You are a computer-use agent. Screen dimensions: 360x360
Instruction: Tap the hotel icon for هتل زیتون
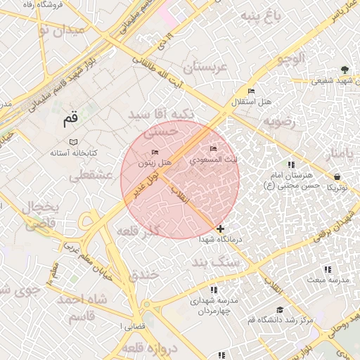(155, 153)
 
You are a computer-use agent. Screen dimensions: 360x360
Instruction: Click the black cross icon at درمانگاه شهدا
(221, 229)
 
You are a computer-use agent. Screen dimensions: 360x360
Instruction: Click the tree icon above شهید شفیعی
(344, 70)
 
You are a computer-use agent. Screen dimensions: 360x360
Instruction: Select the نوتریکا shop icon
(338, 177)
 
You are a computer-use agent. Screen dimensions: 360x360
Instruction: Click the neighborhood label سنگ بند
(215, 262)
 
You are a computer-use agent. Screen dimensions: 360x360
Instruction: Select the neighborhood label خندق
(143, 274)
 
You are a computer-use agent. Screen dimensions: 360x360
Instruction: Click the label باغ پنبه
(260, 16)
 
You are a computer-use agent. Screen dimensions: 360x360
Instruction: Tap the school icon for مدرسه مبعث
(327, 269)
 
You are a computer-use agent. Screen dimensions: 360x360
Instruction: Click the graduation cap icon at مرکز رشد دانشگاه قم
(280, 309)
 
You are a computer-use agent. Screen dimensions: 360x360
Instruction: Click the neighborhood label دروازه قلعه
(147, 347)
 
